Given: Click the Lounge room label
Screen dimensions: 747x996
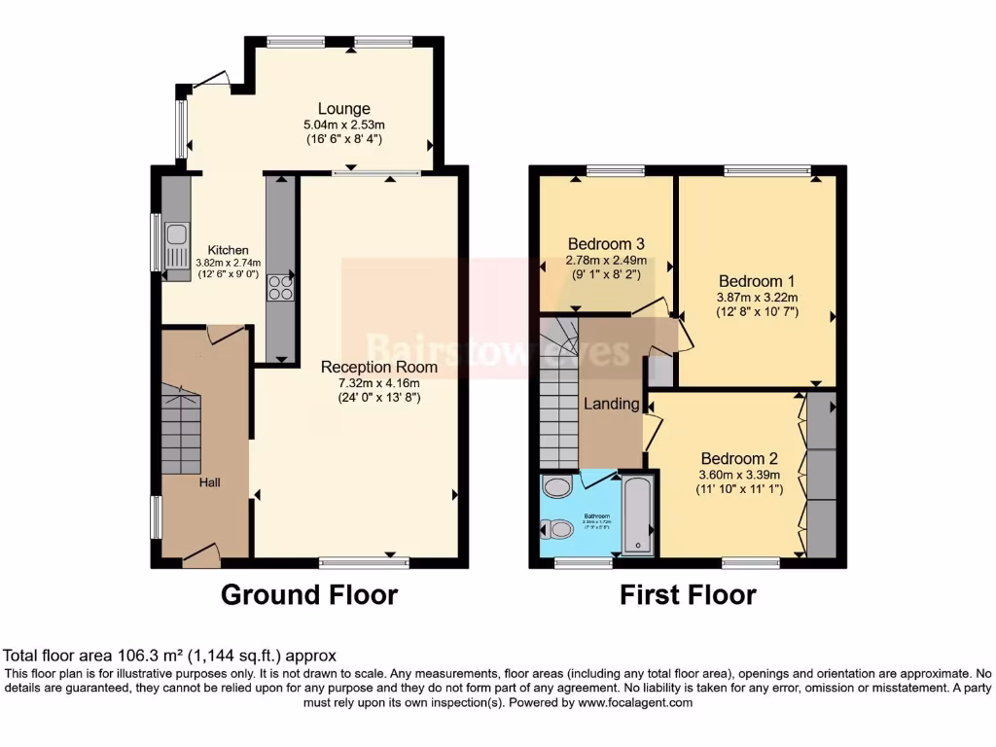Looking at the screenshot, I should tap(343, 109).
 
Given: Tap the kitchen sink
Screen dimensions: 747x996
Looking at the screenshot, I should tap(177, 234).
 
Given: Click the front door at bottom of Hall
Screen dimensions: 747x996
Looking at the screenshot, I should tap(200, 554).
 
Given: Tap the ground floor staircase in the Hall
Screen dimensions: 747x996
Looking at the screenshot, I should tap(180, 428).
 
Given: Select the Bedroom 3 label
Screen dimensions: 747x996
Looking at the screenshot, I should tap(606, 243).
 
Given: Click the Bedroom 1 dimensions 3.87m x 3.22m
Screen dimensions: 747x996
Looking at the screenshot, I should tap(757, 298).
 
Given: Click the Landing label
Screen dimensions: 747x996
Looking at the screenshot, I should tap(611, 404).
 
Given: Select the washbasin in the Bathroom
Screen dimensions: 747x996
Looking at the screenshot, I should tap(557, 487).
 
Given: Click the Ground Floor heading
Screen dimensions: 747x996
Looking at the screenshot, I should tap(309, 594).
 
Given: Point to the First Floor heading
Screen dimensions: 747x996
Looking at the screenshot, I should tap(688, 594).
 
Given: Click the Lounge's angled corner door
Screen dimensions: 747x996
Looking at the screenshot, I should tap(209, 81).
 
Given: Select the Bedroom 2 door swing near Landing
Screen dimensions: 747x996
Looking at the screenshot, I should tap(651, 428).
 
